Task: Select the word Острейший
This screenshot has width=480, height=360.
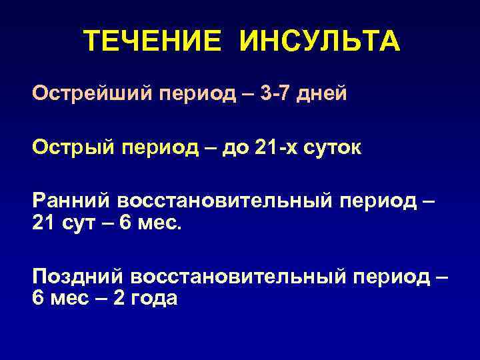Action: click(x=91, y=92)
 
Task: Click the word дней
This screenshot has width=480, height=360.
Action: click(x=323, y=92)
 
